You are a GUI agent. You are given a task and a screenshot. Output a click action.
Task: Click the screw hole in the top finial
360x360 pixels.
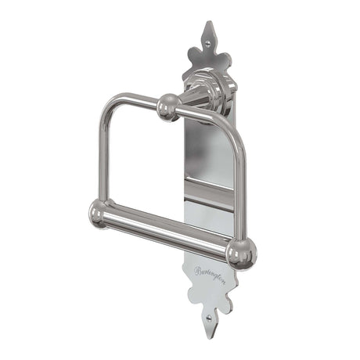click(208, 36)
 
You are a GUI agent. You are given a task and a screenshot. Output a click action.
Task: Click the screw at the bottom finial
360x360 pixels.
click(207, 319)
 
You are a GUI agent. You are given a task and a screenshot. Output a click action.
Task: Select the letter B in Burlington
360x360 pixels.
click(197, 271)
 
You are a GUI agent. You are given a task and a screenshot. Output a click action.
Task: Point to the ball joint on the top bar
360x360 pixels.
click(167, 107)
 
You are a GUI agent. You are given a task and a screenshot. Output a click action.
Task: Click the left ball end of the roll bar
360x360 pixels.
click(99, 212)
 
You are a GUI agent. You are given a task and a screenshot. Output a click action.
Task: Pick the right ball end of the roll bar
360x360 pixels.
click(239, 253)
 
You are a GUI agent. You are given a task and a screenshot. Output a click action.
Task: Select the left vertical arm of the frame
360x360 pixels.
click(102, 157)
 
